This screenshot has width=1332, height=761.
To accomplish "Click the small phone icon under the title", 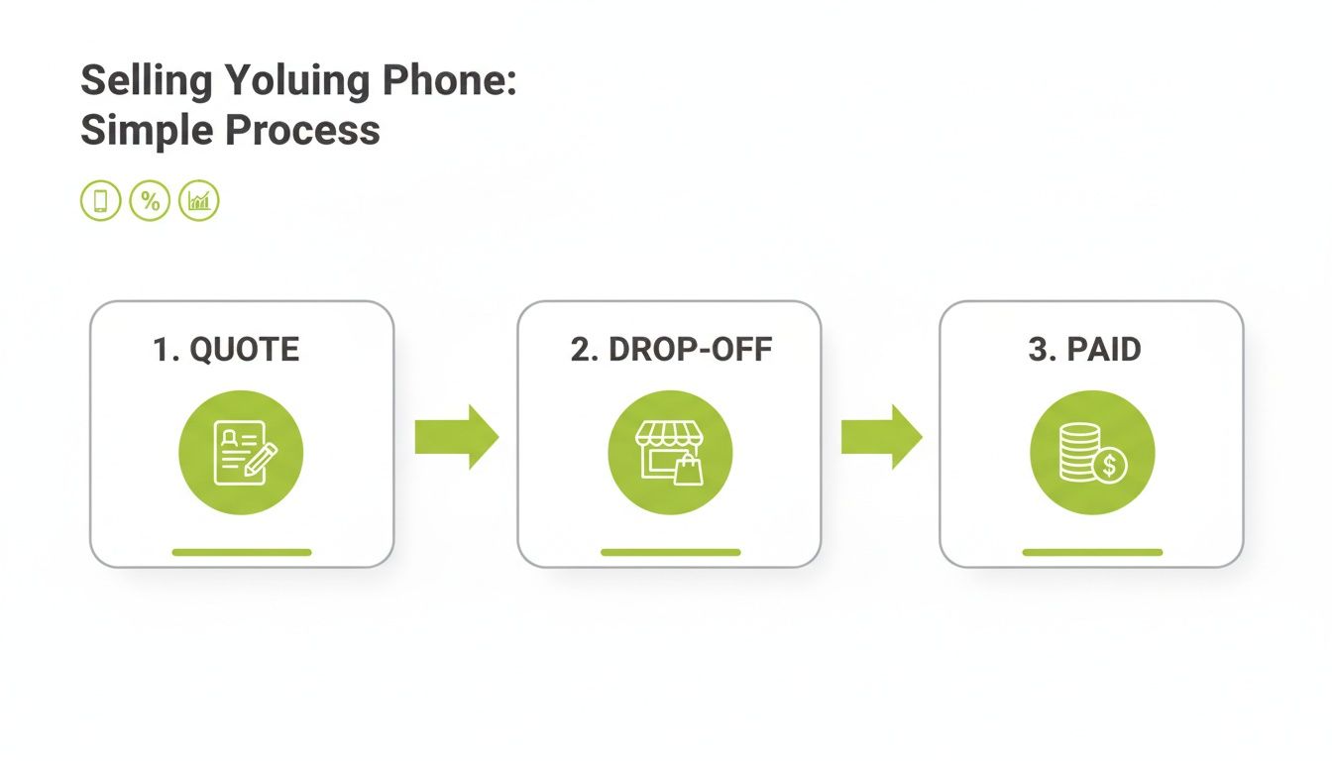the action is point(100,201).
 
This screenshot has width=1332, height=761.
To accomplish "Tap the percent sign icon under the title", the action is point(150,201).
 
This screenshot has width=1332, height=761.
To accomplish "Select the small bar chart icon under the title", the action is point(199,201).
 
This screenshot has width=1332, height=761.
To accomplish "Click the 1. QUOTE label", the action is point(226,350).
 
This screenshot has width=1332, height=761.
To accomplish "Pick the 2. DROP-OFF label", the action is point(671,350).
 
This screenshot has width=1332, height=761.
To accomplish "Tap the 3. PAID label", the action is point(1084,350).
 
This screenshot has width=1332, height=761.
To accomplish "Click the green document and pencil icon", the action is point(241,452).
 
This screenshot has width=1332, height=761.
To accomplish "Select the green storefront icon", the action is point(670,452).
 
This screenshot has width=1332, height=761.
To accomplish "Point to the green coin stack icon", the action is point(1092,452).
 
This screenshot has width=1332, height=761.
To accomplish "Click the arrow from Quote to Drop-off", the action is point(456,436).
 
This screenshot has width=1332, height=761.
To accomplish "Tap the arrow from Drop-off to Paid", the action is point(881,436).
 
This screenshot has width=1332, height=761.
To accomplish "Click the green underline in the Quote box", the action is point(242,552).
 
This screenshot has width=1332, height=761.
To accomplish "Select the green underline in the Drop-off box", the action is point(670,552).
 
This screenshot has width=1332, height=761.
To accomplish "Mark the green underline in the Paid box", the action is point(1092,552).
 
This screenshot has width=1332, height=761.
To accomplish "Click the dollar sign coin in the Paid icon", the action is point(1111,464).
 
